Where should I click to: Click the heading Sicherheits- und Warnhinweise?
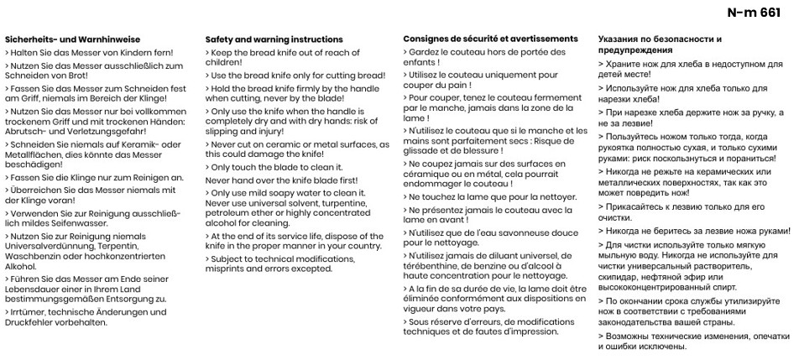[x=72, y=39]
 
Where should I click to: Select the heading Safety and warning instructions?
[x=274, y=39]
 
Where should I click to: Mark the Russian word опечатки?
[x=765, y=335]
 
